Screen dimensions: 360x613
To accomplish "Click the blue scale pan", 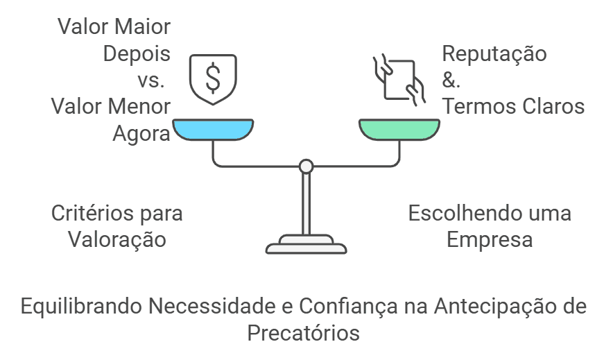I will point(213,130).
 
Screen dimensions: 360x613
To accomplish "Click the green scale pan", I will point(399,130).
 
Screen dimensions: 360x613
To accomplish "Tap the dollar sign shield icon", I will point(213,78).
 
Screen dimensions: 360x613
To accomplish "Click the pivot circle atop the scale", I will point(306,166).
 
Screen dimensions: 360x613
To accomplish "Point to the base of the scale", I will point(306,246).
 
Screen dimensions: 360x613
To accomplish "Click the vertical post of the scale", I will point(306,205).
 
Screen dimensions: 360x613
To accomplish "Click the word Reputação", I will point(494,54).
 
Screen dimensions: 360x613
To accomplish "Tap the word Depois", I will point(137,54).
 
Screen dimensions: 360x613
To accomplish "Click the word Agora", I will point(141,133).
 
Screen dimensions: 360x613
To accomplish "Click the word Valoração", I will point(116,239).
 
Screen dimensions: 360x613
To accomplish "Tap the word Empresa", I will point(490,239).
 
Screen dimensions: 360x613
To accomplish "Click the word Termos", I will point(476,107).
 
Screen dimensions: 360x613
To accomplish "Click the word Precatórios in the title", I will point(304,333).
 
